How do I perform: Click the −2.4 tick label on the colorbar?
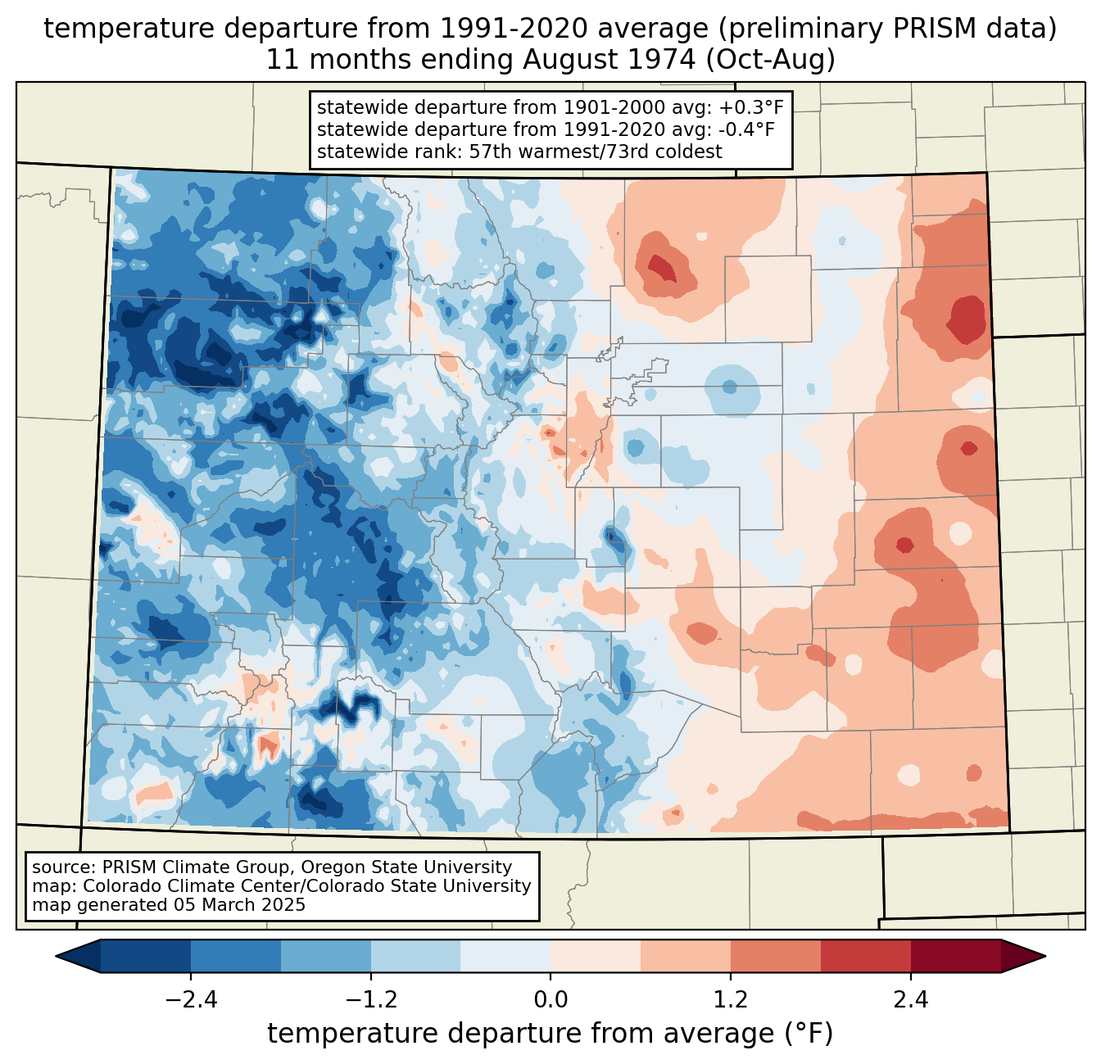pos(191,1000)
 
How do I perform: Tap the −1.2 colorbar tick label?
pos(370,1000)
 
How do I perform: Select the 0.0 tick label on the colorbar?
pos(550,1000)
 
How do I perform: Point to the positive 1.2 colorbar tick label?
pos(731,1000)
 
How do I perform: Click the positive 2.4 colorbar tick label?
pos(910,1000)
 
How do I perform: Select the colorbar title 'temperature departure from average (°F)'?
pos(550,1034)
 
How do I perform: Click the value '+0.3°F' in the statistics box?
pos(752,108)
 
